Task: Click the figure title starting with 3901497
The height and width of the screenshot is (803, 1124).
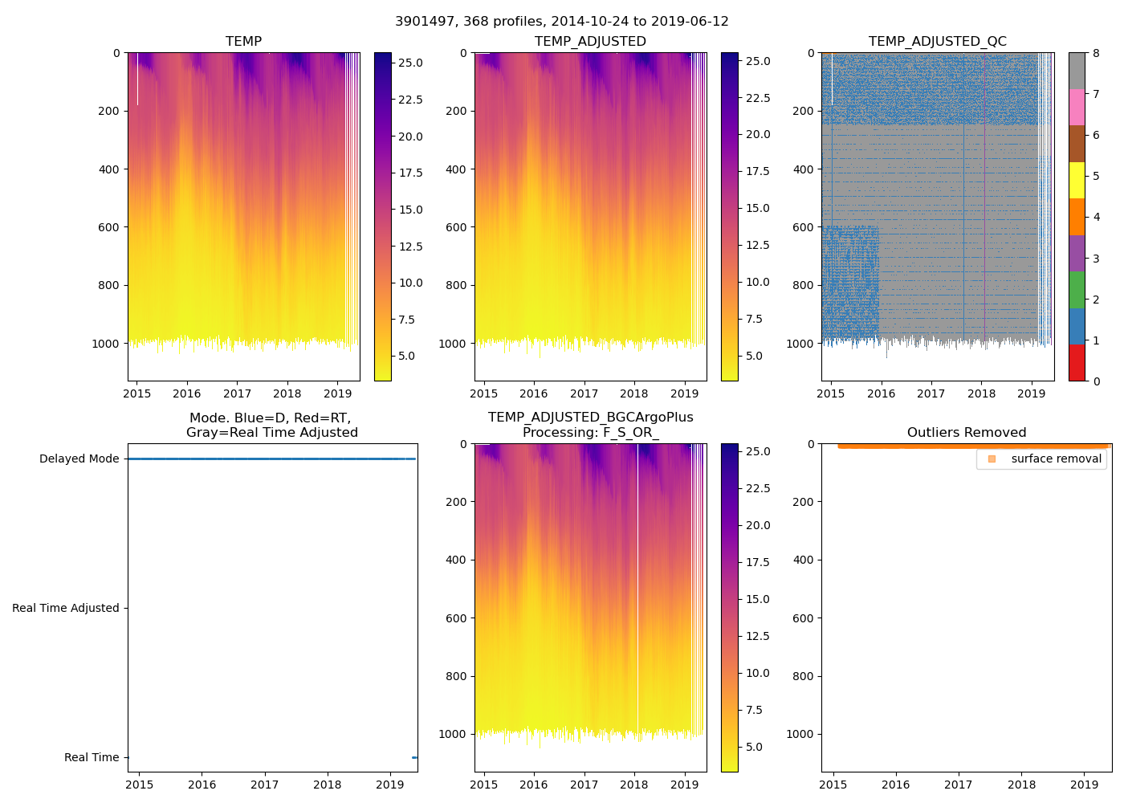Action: point(561,22)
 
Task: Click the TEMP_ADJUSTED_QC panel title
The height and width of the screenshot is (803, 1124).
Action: point(937,42)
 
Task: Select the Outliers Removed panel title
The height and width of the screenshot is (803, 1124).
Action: point(966,433)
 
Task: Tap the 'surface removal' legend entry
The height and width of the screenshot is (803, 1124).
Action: point(1056,459)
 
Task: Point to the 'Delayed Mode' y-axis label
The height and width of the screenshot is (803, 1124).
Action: point(79,459)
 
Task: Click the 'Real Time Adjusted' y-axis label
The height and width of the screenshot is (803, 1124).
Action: point(65,608)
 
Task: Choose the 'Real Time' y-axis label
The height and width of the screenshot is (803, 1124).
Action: point(91,757)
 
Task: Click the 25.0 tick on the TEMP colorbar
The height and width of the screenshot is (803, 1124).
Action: point(411,63)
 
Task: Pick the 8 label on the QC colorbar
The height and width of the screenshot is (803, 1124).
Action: point(1096,54)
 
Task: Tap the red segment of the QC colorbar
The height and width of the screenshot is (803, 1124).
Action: point(1077,362)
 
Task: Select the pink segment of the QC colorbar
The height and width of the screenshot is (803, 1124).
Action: point(1077,107)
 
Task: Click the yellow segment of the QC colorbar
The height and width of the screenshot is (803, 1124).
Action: point(1077,180)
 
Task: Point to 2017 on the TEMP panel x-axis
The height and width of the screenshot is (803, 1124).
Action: point(237,393)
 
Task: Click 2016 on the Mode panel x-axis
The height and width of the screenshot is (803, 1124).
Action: point(202,785)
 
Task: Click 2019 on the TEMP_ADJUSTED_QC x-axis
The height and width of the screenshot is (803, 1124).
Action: point(1031,393)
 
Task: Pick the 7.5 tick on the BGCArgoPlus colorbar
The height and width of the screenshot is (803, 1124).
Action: point(757,710)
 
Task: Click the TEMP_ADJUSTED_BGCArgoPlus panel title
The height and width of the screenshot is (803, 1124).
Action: point(590,425)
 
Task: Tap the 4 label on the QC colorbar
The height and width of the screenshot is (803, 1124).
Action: point(1096,217)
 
